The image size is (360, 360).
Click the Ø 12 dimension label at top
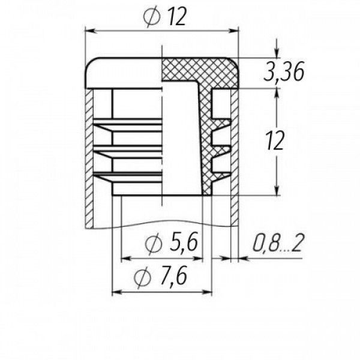click(x=164, y=17)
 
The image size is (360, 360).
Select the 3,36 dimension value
click(x=284, y=71)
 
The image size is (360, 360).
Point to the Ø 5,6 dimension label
click(x=171, y=243)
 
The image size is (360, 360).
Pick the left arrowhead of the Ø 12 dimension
click(x=90, y=31)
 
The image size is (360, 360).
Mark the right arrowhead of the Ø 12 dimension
click(x=233, y=31)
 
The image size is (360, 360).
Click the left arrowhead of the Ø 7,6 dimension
click(x=117, y=292)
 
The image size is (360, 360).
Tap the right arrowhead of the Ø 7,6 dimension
click(x=206, y=292)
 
